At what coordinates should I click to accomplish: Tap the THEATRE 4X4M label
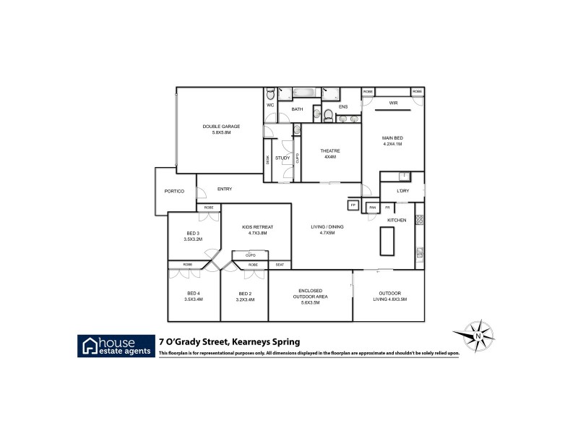(x=330, y=153)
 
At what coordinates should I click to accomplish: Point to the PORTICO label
(x=175, y=190)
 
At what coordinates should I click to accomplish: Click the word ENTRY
(x=225, y=189)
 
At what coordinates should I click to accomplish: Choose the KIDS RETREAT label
(x=254, y=230)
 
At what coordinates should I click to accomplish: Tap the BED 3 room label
(x=193, y=235)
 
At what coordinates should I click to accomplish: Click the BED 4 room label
(x=193, y=297)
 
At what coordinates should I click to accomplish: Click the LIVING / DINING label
(x=327, y=230)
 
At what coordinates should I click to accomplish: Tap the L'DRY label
(x=402, y=191)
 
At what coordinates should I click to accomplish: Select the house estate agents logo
(x=116, y=346)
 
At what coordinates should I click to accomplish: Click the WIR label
(x=394, y=103)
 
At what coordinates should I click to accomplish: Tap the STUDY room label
(x=282, y=158)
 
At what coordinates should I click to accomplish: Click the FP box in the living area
(x=353, y=205)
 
